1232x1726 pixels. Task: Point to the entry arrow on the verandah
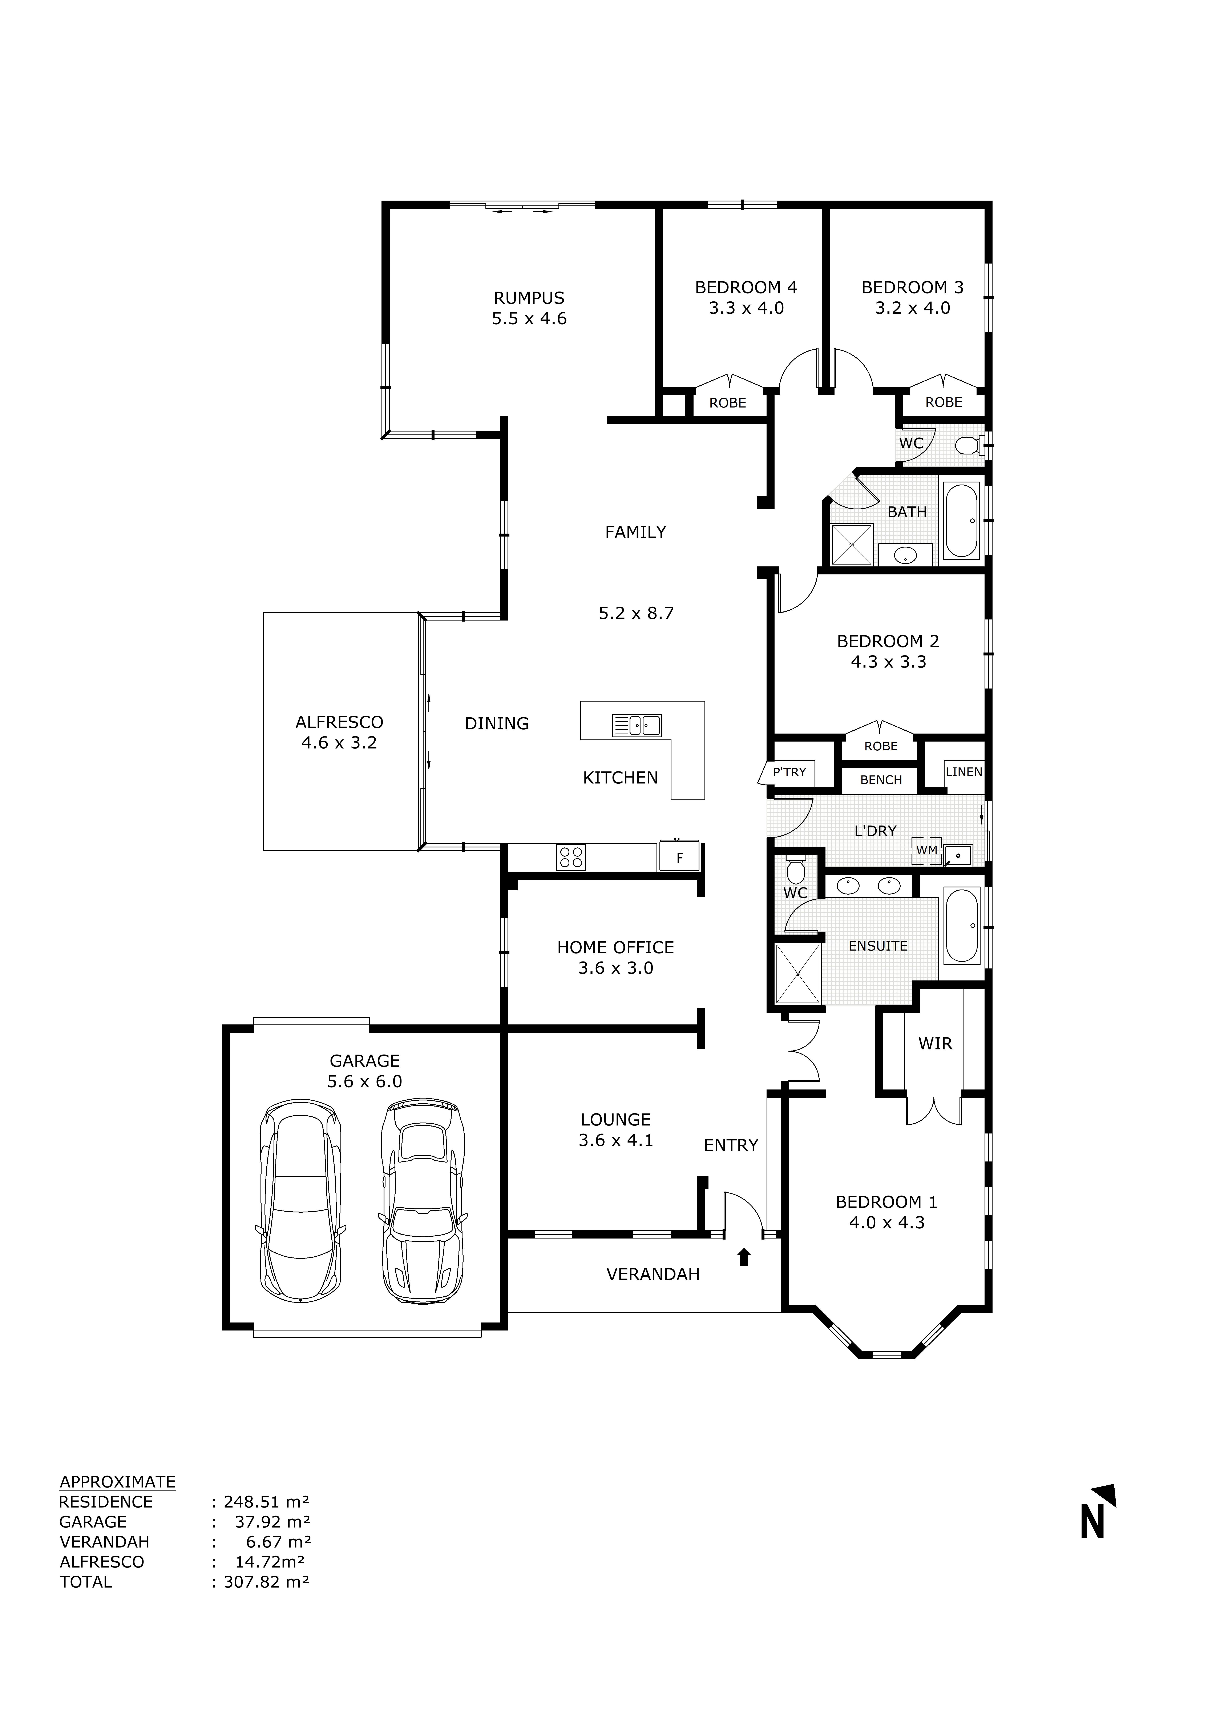pyautogui.click(x=743, y=1257)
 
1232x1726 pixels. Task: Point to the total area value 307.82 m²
pyautogui.click(x=266, y=1582)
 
